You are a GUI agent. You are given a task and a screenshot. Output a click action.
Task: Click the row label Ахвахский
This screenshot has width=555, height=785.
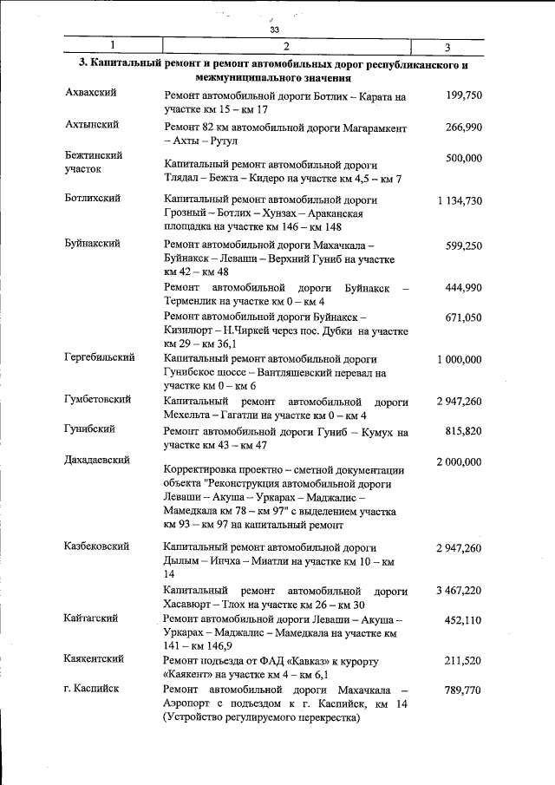[x=91, y=93]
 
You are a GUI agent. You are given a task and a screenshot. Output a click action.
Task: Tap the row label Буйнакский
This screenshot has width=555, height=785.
[x=92, y=245]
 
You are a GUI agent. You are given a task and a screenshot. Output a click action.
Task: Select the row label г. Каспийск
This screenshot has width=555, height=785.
[x=92, y=689]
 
